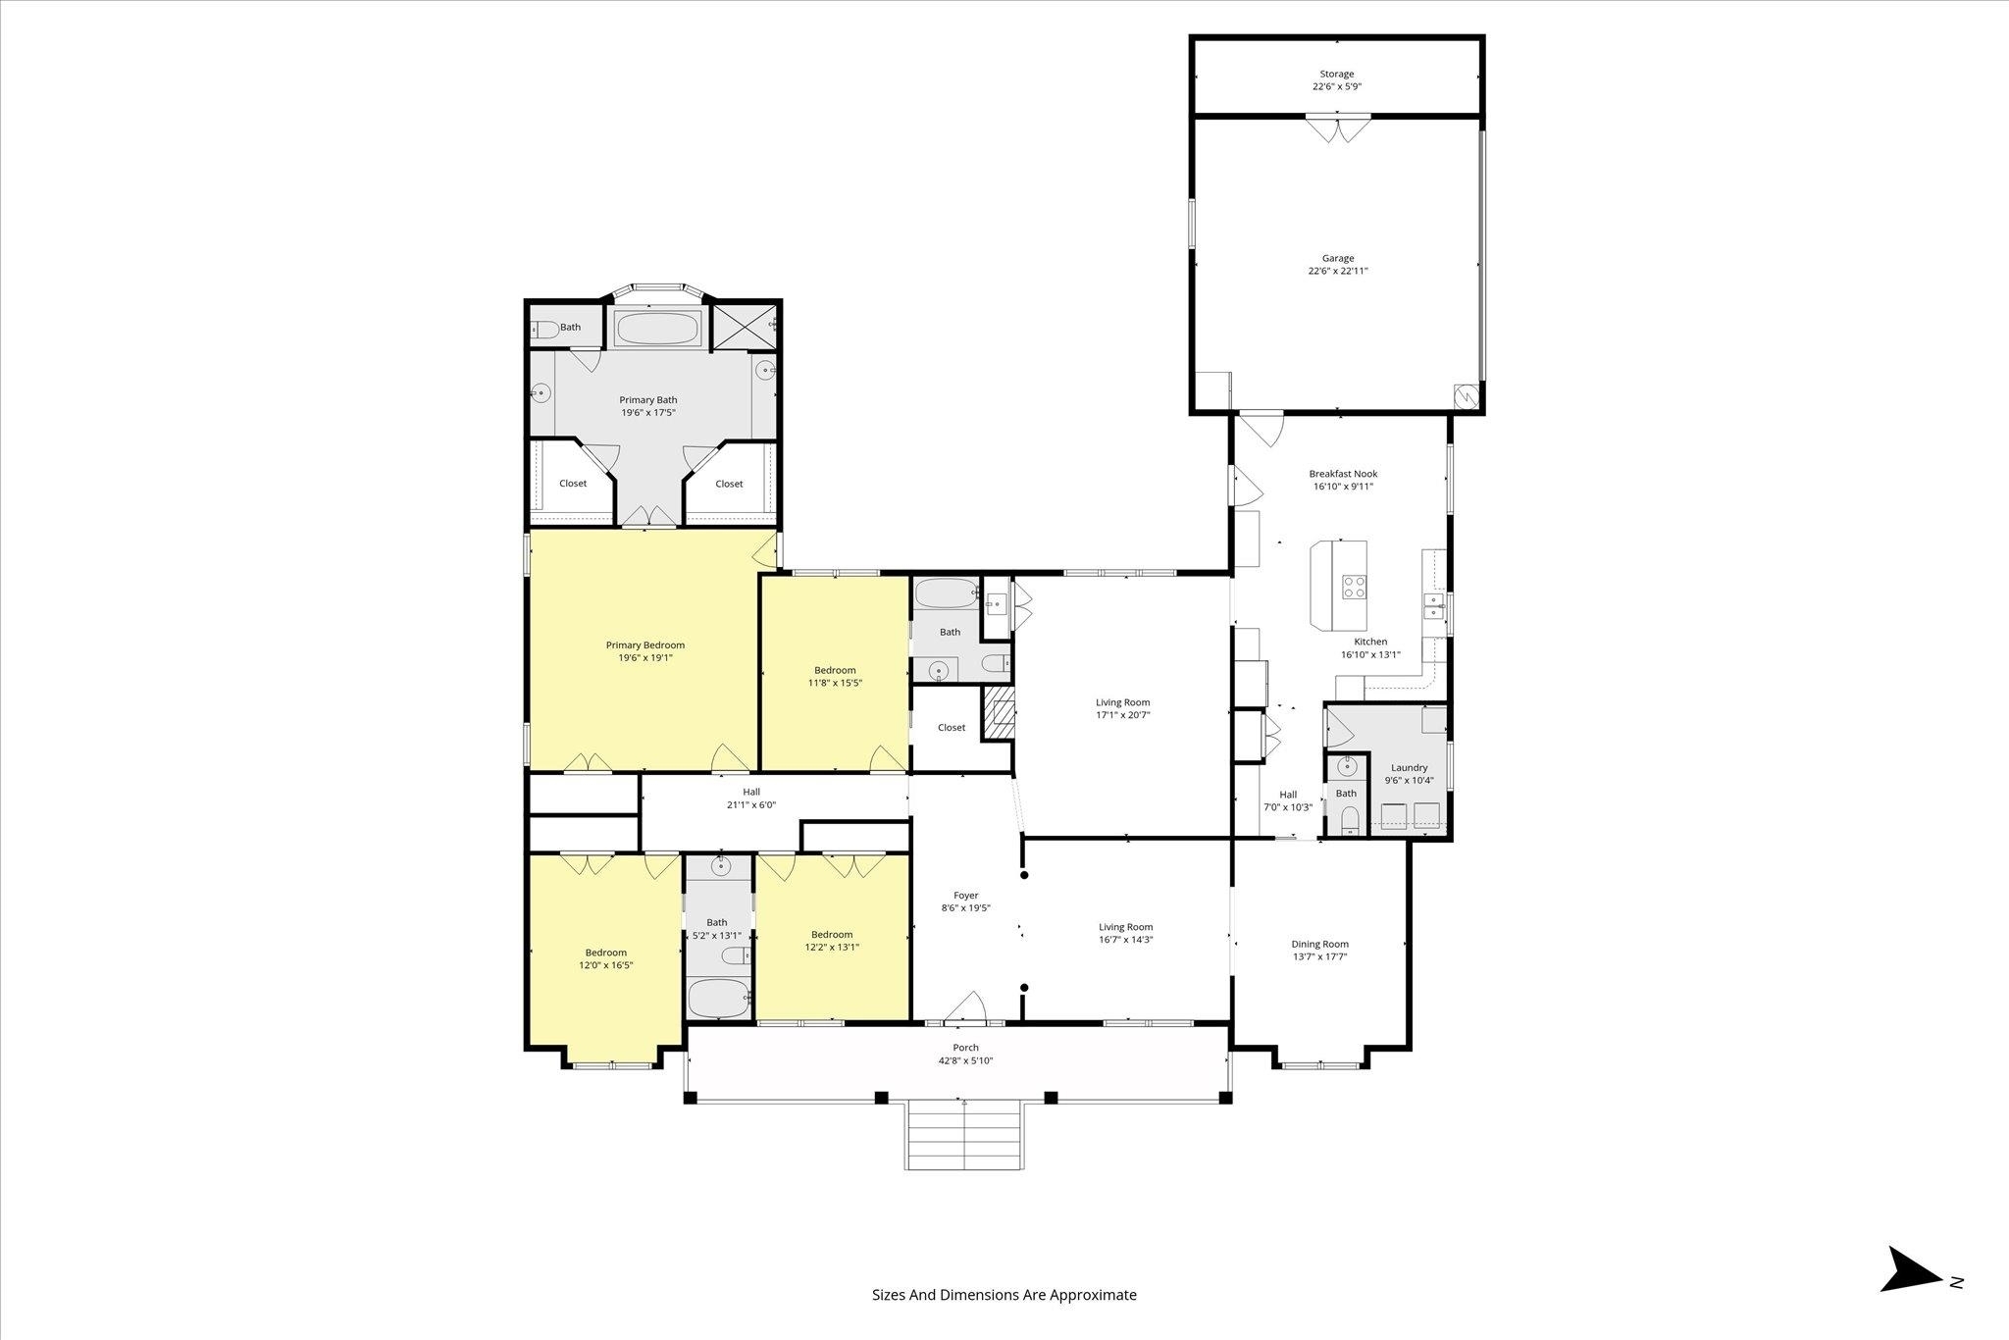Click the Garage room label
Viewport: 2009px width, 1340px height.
[x=1337, y=259]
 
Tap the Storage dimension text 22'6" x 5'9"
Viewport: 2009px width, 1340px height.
[x=1337, y=86]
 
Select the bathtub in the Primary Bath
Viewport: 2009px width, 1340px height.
[x=658, y=329]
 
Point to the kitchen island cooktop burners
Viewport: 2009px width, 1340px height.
[x=1354, y=587]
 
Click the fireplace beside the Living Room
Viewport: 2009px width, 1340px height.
[x=998, y=711]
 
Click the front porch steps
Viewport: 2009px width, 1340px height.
[x=965, y=1135]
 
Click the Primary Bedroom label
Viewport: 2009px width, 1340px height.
[x=645, y=645]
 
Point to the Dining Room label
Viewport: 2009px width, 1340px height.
[x=1320, y=945]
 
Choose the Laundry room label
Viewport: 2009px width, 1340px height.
[x=1409, y=768]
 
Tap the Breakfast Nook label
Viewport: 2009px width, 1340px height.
[x=1343, y=474]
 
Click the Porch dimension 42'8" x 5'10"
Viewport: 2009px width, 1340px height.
[x=966, y=1060]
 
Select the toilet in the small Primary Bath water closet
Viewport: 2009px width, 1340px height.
[x=544, y=330]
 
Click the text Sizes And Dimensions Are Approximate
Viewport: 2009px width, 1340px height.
[x=1004, y=1295]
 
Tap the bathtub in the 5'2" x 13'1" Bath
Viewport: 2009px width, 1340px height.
[x=718, y=998]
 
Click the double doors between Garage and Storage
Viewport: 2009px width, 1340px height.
[x=1337, y=129]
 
